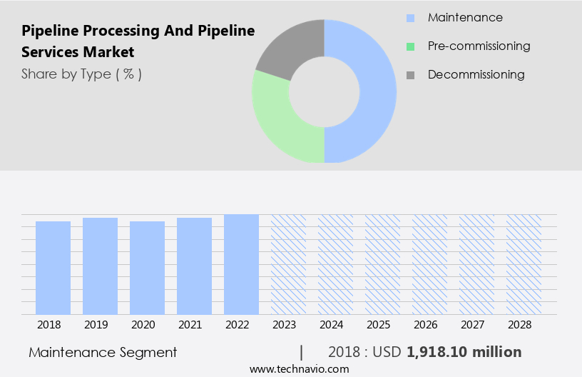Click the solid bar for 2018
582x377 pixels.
53,268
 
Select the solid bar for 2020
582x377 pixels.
147,268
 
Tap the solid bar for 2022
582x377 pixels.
241,264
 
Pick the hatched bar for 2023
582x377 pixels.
288,264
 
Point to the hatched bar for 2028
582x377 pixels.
524,264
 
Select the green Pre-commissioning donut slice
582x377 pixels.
278,121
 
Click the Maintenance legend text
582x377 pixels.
465,17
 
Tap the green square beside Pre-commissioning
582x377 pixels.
410,46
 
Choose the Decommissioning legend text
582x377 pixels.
476,74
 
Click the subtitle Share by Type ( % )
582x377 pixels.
81,74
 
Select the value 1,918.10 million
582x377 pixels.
464,352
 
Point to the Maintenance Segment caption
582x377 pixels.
103,352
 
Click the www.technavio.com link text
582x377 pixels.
299,368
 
